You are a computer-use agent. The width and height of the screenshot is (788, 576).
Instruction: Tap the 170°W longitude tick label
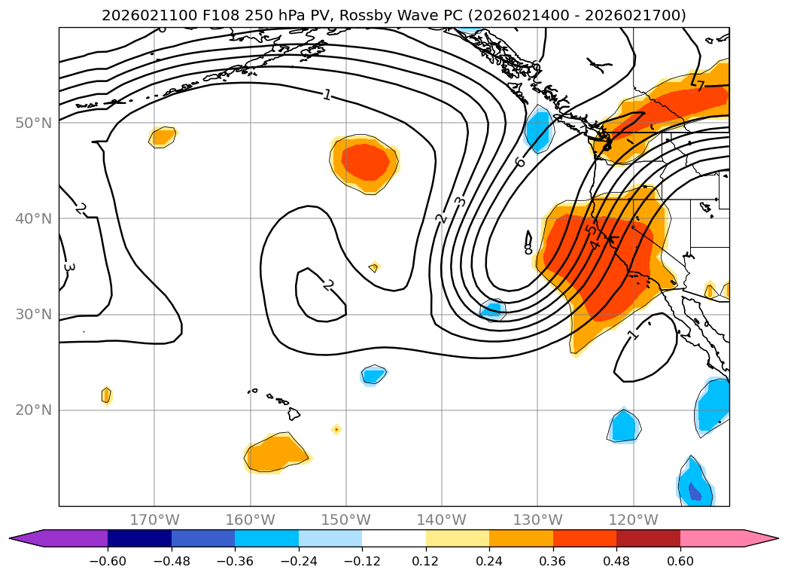click(154, 520)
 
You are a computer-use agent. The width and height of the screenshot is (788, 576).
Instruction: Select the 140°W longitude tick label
click(442, 520)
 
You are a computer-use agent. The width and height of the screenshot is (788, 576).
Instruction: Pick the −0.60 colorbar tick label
click(108, 561)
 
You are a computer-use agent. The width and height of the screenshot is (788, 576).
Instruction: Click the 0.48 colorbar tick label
click(616, 561)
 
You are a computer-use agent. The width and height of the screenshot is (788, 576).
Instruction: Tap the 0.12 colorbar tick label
click(426, 561)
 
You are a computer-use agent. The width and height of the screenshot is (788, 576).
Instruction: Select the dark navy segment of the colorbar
click(139, 538)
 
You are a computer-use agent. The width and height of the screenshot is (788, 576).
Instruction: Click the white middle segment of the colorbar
click(394, 538)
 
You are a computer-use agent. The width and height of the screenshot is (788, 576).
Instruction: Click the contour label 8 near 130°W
click(528, 248)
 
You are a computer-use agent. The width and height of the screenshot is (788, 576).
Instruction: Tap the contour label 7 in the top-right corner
click(700, 86)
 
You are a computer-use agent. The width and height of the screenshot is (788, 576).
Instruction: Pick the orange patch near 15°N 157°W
click(276, 454)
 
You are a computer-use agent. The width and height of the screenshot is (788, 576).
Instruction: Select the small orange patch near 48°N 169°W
click(162, 136)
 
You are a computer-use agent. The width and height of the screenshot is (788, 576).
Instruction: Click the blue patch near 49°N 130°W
click(537, 130)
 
